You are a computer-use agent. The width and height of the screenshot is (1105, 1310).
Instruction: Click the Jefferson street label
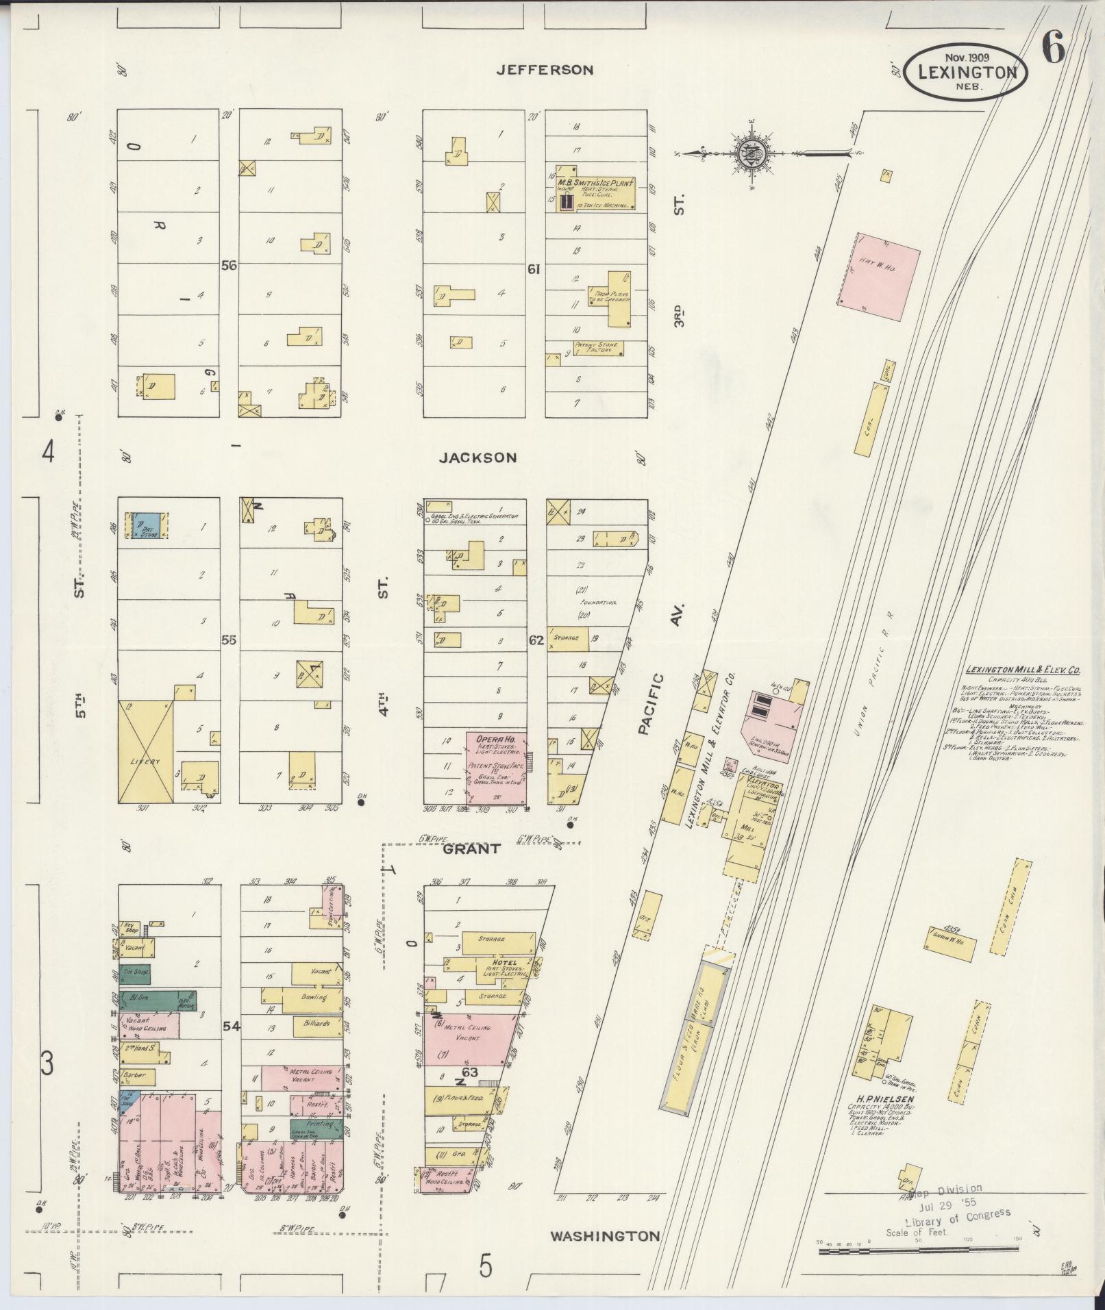545,70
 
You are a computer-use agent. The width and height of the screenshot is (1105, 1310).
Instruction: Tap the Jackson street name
477,457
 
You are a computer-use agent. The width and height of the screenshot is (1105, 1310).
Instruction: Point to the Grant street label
471,848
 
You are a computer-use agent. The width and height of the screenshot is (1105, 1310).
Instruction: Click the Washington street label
606,1236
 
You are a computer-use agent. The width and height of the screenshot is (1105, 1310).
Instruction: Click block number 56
229,266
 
